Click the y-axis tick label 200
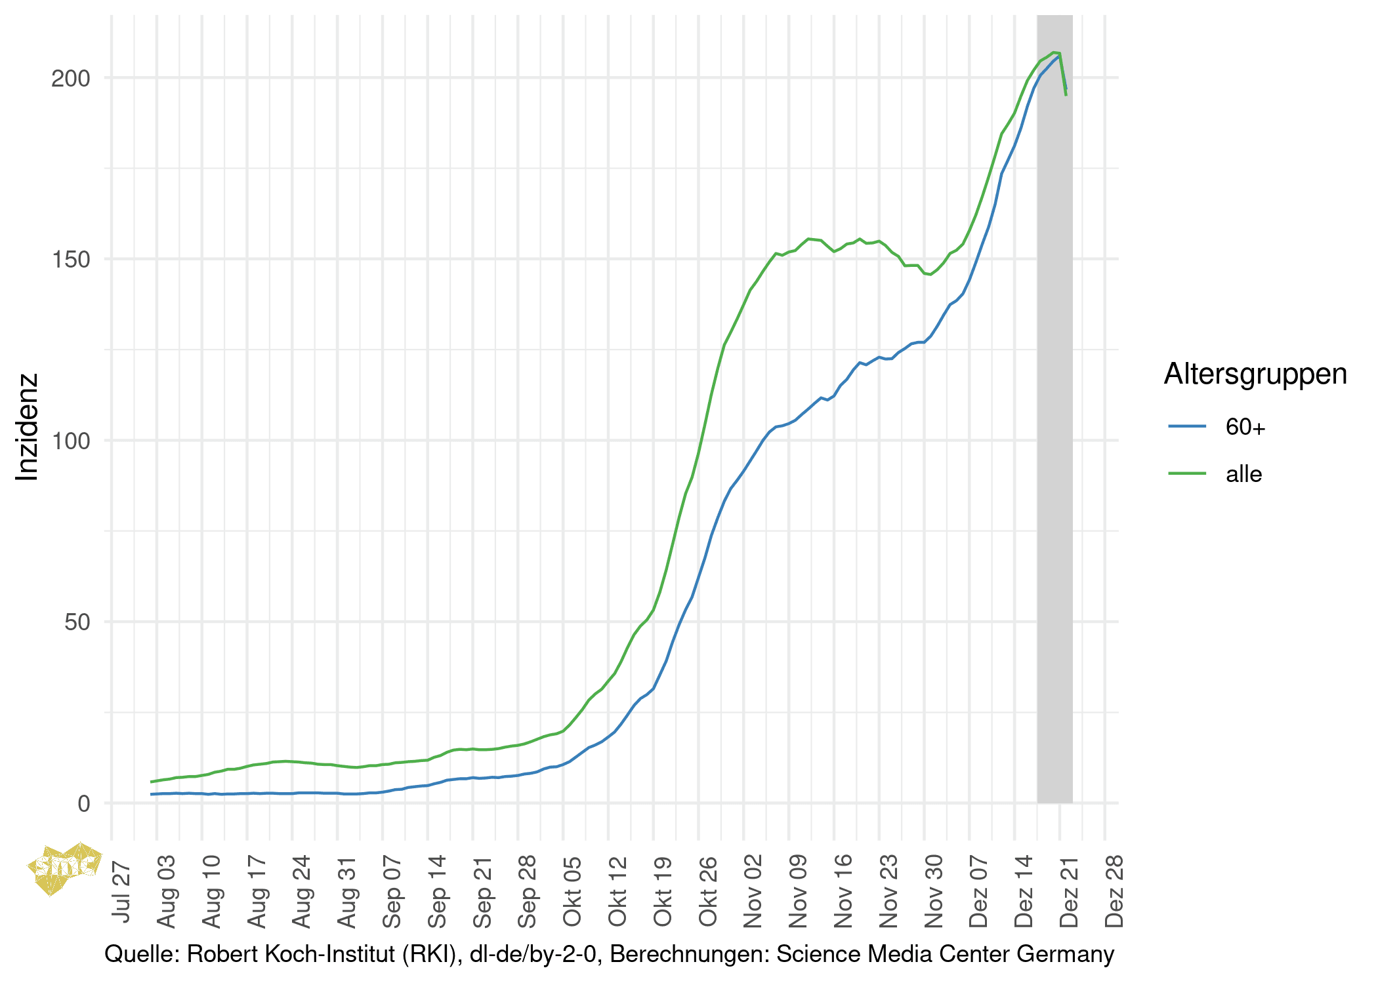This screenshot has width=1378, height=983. pyautogui.click(x=70, y=79)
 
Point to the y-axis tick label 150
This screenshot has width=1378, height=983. pyautogui.click(x=70, y=260)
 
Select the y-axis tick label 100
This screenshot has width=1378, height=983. pyautogui.click(x=70, y=441)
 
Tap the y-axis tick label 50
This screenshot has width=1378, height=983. pyautogui.click(x=77, y=622)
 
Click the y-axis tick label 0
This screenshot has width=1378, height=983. pyautogui.click(x=83, y=803)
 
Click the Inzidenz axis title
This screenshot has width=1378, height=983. pyautogui.click(x=28, y=427)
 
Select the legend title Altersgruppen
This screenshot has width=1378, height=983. pyautogui.click(x=1255, y=374)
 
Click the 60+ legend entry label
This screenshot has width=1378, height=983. pyautogui.click(x=1245, y=427)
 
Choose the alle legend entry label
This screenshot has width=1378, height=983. pyautogui.click(x=1243, y=474)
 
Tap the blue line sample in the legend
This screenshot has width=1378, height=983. pyautogui.click(x=1186, y=427)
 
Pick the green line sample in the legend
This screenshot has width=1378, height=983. pyautogui.click(x=1186, y=473)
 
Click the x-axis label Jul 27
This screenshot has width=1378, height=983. pyautogui.click(x=121, y=892)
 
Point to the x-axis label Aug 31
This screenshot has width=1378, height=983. pyautogui.click(x=347, y=892)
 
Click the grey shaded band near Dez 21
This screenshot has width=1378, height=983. pyautogui.click(x=1054, y=459)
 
